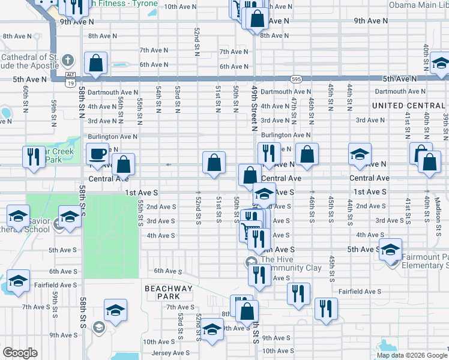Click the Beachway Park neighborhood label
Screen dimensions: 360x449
pos(169,292)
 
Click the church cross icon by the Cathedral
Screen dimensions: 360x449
pos(68,60)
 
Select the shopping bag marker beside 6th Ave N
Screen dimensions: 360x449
pos(96,62)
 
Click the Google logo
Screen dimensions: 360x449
pos(20,353)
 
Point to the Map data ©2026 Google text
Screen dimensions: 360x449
pos(411,355)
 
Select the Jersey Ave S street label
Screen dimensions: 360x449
pos(170,353)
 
